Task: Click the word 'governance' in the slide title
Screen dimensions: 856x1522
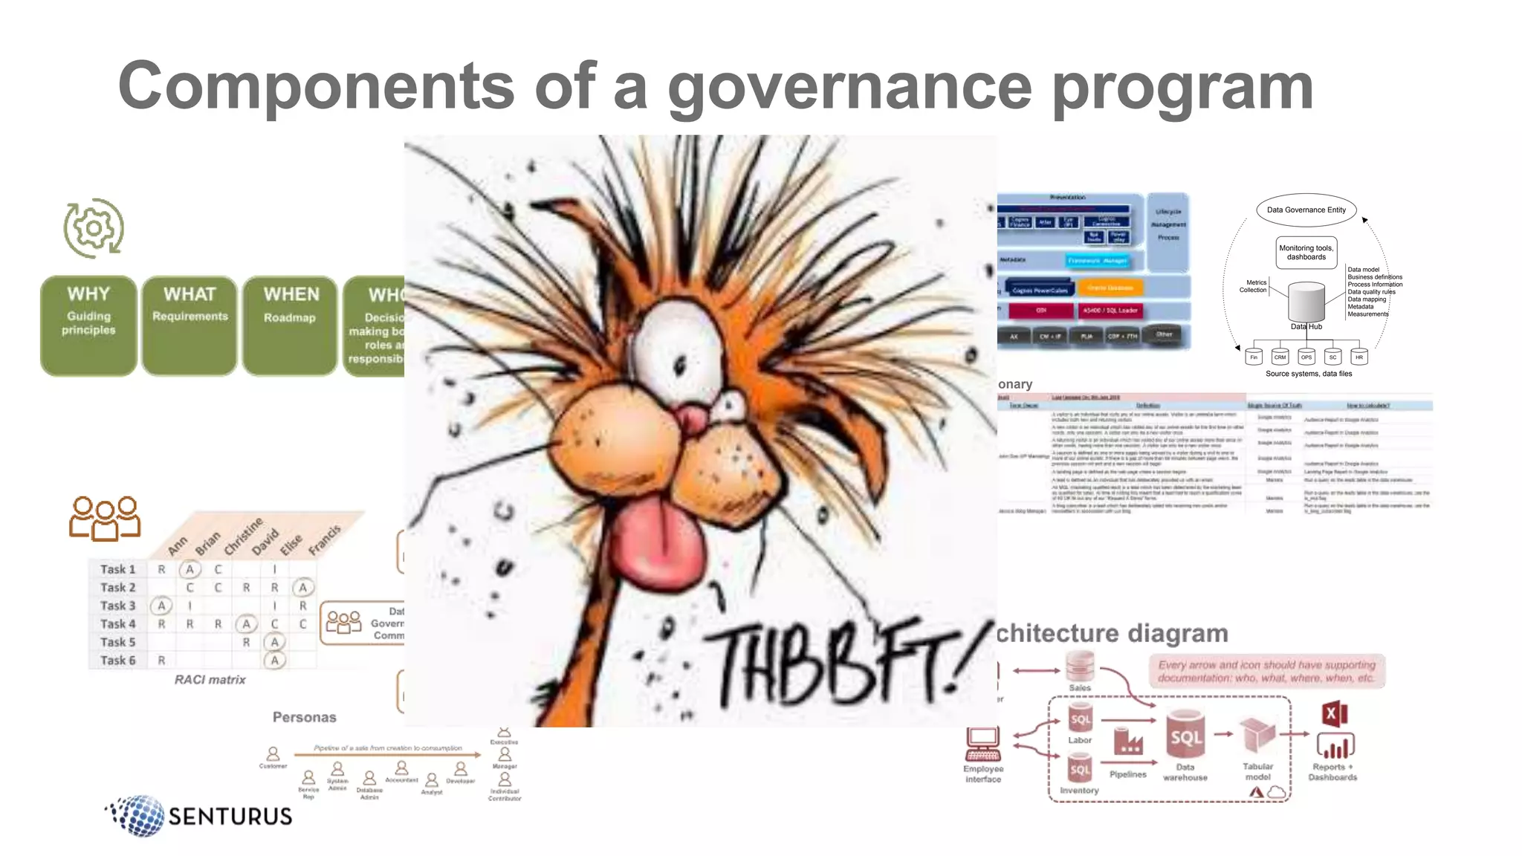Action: click(x=849, y=88)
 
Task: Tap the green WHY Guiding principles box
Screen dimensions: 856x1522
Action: click(x=88, y=325)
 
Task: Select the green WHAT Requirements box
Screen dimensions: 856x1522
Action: click(x=190, y=325)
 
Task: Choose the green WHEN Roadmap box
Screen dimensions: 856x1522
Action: click(x=290, y=325)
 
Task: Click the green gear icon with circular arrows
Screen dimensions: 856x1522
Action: click(x=94, y=228)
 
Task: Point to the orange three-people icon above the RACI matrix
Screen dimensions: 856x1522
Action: click(x=105, y=517)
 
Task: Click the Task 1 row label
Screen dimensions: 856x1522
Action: click(x=117, y=569)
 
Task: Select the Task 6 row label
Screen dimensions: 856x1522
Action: click(x=117, y=660)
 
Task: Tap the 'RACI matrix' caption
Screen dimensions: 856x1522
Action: click(x=210, y=680)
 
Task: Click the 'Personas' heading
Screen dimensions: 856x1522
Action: click(x=304, y=717)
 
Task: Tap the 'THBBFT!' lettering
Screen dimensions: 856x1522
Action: click(x=847, y=661)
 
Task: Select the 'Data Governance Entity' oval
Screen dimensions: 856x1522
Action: click(x=1306, y=210)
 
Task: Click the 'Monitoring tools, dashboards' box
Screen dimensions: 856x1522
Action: click(x=1306, y=253)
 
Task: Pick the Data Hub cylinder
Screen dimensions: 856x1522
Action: click(x=1306, y=302)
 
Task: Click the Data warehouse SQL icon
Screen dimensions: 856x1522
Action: click(x=1185, y=736)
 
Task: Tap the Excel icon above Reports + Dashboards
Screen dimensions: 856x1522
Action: click(x=1334, y=714)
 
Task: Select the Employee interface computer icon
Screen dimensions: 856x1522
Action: click(x=982, y=743)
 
